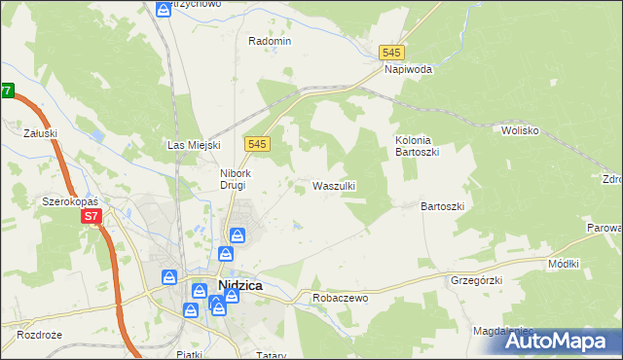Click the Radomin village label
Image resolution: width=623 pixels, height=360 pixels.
click(x=270, y=41)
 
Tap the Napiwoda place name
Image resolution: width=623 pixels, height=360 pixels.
click(x=408, y=70)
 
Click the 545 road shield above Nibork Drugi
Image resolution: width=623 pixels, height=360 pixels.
click(x=257, y=144)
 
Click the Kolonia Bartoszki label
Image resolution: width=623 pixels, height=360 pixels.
click(x=419, y=147)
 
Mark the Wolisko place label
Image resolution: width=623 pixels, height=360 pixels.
click(x=520, y=129)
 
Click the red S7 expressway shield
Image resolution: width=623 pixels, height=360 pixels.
click(x=91, y=216)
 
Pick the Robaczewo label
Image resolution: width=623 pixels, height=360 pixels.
click(x=340, y=298)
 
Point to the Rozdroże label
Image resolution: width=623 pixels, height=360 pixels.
click(x=40, y=335)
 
